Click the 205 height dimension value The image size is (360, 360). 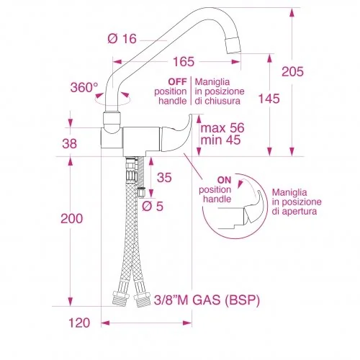click(x=292, y=71)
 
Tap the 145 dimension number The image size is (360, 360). click(x=269, y=99)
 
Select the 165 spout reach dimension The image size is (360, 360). click(x=184, y=62)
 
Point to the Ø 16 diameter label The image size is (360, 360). click(x=122, y=39)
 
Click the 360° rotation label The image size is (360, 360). click(x=84, y=87)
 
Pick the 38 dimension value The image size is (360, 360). click(x=70, y=143)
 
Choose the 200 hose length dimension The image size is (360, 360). click(x=71, y=218)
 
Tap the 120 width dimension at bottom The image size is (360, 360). click(x=79, y=323)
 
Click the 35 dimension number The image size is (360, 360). click(x=164, y=178)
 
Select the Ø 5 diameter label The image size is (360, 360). click(x=153, y=206)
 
